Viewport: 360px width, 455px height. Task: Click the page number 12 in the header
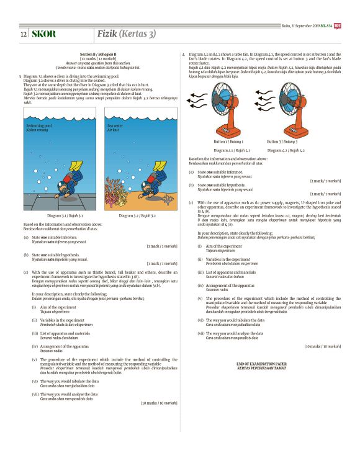(x=23, y=34)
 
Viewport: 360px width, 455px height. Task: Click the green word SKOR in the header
(x=43, y=34)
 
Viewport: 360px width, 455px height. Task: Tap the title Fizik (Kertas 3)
(x=126, y=33)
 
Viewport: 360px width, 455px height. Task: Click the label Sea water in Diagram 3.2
(x=114, y=126)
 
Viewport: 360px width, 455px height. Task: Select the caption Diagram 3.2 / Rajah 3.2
(x=140, y=215)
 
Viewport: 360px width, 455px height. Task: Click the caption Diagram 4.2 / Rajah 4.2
(x=286, y=150)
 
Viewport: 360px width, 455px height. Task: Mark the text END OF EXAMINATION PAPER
(x=262, y=364)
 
